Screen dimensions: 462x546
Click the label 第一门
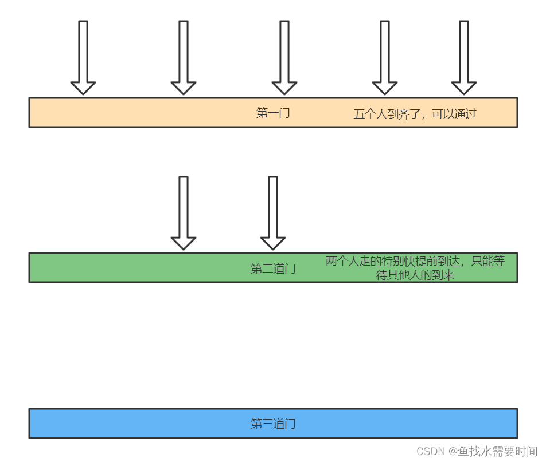click(273, 113)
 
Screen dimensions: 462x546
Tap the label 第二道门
click(273, 268)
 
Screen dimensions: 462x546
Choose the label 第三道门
click(273, 424)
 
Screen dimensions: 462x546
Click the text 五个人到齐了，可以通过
click(415, 114)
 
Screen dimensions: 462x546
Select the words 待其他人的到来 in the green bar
click(415, 275)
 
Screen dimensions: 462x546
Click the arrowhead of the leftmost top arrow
click(83, 88)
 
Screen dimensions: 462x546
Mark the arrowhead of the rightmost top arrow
click(464, 88)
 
